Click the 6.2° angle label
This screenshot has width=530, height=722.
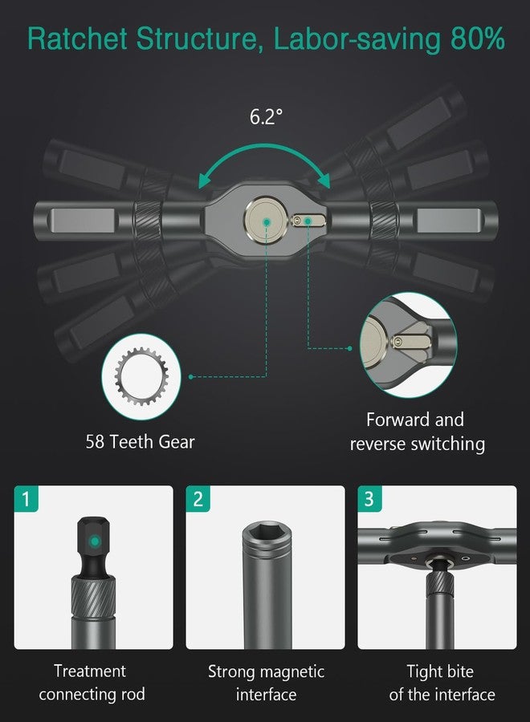267,116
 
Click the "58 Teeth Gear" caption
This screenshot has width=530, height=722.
140,441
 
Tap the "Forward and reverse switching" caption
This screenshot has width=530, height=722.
416,432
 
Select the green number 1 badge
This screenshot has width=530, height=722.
26,499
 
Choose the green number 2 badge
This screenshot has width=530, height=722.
198,499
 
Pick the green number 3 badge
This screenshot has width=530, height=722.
369,499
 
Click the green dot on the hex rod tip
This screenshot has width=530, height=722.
95,541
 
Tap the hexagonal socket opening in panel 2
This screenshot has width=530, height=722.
265,532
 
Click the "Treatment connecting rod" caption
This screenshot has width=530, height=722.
90,682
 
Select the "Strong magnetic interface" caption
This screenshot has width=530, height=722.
266,682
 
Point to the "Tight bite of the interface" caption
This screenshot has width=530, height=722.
441,682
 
